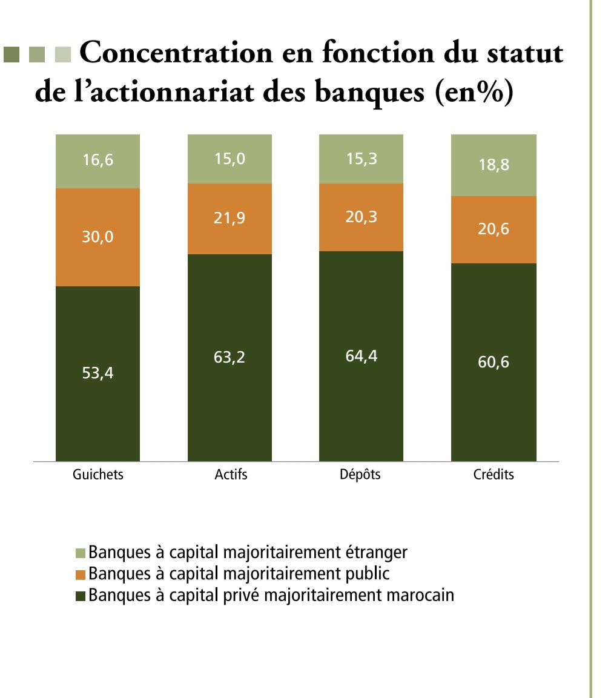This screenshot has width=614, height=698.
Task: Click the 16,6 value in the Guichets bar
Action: pyautogui.click(x=98, y=161)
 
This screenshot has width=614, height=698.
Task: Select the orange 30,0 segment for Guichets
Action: pyautogui.click(x=98, y=237)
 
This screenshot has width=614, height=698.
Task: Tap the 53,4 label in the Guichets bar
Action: pyautogui.click(x=98, y=374)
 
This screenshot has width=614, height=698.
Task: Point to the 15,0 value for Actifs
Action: pyautogui.click(x=229, y=159)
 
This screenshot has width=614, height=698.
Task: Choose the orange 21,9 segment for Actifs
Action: pyautogui.click(x=229, y=219)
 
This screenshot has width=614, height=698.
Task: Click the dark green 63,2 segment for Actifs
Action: pyautogui.click(x=229, y=357)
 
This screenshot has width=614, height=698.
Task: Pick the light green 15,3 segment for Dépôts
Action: pyautogui.click(x=361, y=159)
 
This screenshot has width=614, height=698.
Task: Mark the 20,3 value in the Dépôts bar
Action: pyautogui.click(x=361, y=217)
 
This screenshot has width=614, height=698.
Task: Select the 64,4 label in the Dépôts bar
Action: pyautogui.click(x=361, y=357)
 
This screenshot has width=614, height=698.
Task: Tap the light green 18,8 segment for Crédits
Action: pyautogui.click(x=494, y=165)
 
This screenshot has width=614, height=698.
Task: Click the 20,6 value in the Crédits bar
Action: pyautogui.click(x=494, y=229)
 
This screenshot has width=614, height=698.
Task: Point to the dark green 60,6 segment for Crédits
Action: pyautogui.click(x=494, y=362)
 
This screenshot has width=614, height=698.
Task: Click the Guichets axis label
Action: pyautogui.click(x=97, y=475)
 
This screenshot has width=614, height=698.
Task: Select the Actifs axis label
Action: pyautogui.click(x=231, y=475)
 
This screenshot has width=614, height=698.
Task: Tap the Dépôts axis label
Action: pyautogui.click(x=360, y=475)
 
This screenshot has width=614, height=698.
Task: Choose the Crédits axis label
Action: pyautogui.click(x=494, y=475)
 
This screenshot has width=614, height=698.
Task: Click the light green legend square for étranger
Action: pyautogui.click(x=81, y=553)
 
